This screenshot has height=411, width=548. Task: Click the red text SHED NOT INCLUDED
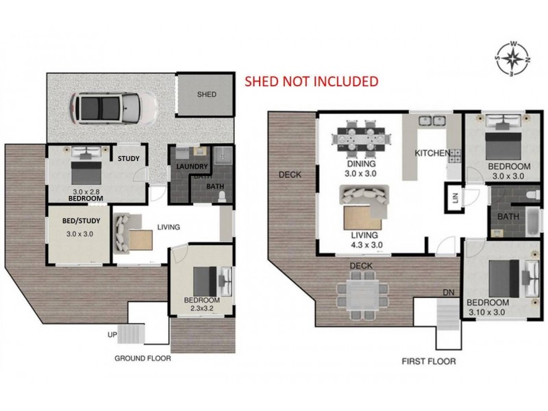click(x=312, y=82)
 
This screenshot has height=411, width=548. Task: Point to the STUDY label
click(x=129, y=159)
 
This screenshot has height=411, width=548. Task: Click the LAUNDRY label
click(x=192, y=166)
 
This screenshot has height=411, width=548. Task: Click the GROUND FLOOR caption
click(x=142, y=358)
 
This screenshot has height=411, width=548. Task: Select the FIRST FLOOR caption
click(x=429, y=360)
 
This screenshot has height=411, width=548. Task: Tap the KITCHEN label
click(x=432, y=153)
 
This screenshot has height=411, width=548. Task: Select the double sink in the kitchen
click(x=433, y=122)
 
